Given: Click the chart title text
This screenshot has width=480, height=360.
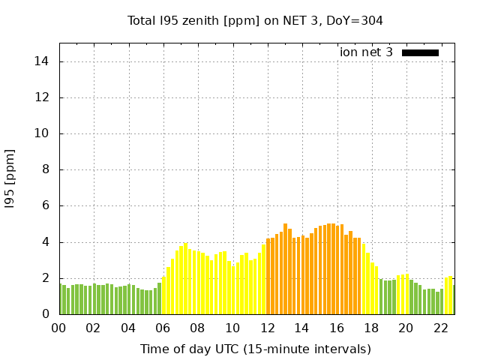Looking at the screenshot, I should tap(255, 21).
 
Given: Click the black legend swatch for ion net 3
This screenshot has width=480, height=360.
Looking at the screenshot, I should tap(420, 52).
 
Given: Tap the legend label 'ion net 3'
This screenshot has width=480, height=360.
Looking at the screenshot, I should tap(366, 52).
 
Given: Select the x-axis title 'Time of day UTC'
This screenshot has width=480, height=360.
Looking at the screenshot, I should tap(255, 349).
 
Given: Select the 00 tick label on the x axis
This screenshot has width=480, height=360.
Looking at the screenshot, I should tap(58, 328).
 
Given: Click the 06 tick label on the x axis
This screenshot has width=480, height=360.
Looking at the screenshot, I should tap(163, 328).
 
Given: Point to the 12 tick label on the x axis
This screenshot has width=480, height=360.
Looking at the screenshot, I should tap(267, 328).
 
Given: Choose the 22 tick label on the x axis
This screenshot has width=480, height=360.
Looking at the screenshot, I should tap(440, 328).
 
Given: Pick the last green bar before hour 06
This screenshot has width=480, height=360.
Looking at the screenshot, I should tap(159, 299).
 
